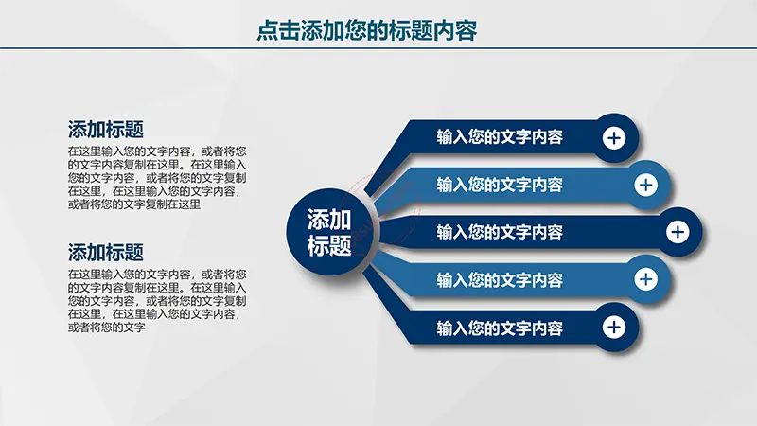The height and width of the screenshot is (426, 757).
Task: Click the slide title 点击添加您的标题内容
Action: [x=366, y=30]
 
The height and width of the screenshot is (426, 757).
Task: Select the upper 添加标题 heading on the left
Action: [x=106, y=130]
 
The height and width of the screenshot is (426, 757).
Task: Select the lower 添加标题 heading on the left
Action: [x=106, y=253]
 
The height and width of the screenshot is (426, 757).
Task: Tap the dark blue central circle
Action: [x=329, y=232]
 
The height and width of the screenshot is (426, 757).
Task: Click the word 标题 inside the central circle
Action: [x=329, y=245]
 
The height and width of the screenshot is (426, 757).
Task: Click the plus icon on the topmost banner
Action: [x=614, y=138]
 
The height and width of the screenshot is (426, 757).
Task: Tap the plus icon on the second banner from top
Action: [x=646, y=185]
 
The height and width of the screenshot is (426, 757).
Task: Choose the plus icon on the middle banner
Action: [x=678, y=232]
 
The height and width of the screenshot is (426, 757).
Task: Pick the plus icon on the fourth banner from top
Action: [x=646, y=279]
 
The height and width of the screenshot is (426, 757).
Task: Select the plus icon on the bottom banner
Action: [x=614, y=327]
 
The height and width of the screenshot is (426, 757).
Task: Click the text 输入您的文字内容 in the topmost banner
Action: [x=500, y=137]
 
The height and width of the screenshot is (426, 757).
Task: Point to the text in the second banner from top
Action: [x=500, y=185]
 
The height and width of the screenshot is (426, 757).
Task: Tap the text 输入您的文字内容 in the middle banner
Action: [x=500, y=232]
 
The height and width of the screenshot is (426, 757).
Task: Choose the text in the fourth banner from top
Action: [x=500, y=280]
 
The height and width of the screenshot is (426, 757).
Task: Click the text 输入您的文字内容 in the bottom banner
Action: [x=500, y=328]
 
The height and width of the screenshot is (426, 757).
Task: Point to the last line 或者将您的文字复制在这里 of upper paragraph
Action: [x=134, y=204]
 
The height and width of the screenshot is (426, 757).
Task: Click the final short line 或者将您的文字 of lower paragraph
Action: [x=106, y=328]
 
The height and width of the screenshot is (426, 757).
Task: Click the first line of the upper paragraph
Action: [x=157, y=151]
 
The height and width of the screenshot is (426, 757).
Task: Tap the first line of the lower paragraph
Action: [x=157, y=275]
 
